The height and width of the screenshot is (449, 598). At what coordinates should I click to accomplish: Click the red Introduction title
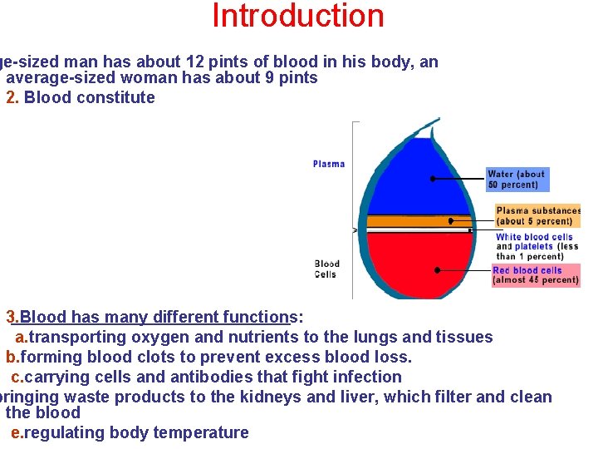coord(298,16)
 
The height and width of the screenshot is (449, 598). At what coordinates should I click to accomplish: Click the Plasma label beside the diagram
coord(328,164)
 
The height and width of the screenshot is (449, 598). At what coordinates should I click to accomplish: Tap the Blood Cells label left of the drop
coord(327,269)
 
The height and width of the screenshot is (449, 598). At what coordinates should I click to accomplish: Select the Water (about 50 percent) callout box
coord(517,180)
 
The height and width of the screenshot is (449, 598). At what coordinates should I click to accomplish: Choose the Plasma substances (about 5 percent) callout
coord(537,216)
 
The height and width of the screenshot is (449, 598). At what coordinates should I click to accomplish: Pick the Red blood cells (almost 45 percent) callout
coord(535,275)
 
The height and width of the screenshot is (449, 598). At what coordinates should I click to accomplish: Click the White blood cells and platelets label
coord(537,246)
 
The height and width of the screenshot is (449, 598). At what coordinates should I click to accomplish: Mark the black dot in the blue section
coord(433,179)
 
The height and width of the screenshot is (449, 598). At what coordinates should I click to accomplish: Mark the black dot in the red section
coord(437,270)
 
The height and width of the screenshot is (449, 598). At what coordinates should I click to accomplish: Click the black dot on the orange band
coord(450,221)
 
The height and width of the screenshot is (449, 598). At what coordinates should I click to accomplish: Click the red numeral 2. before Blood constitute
coord(12,97)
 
